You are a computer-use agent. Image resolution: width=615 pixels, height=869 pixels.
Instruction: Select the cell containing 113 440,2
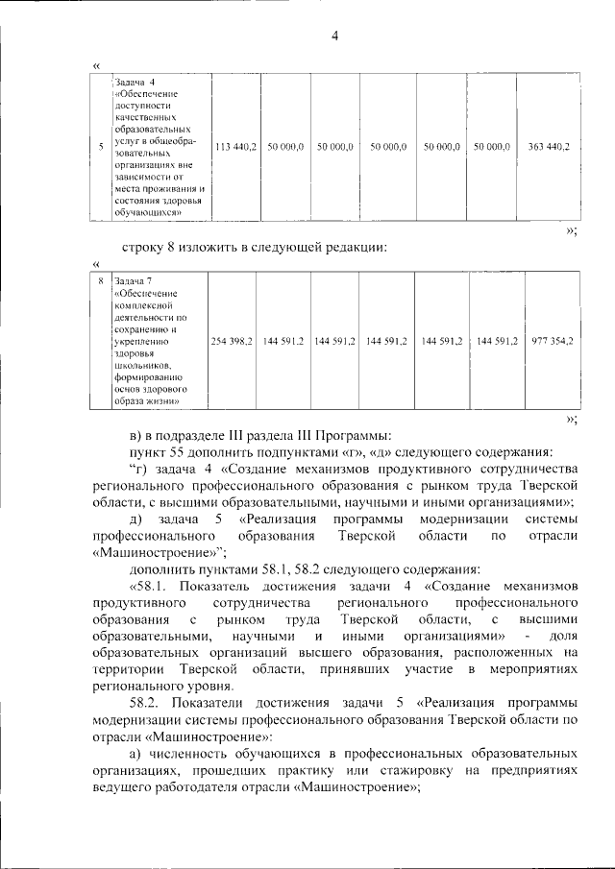coord(234,147)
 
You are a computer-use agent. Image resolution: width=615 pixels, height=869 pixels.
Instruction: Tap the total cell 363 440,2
coord(549,147)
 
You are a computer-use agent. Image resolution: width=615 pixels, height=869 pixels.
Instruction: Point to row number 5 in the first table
coord(101,147)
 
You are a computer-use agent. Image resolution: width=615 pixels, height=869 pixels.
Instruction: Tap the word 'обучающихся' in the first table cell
coord(144,213)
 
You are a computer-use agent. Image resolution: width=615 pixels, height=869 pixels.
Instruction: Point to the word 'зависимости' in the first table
coord(145,177)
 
